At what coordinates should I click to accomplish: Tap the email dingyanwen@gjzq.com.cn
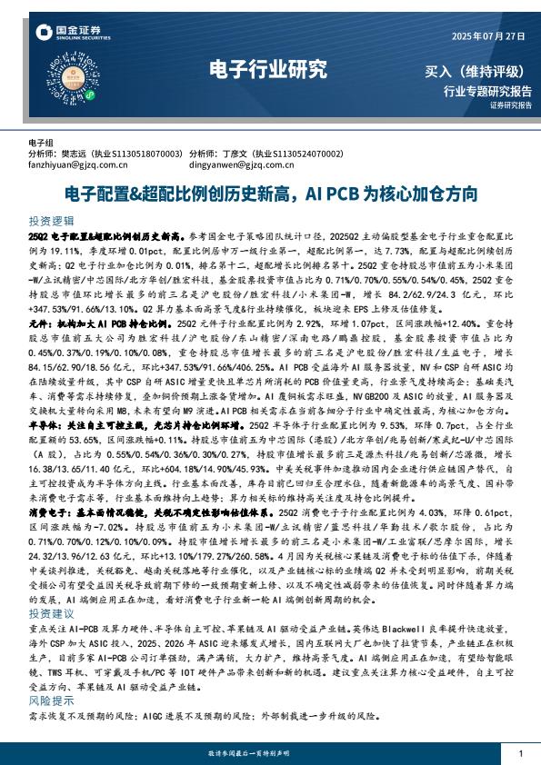click(241, 165)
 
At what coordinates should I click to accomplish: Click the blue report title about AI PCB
click(270, 194)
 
